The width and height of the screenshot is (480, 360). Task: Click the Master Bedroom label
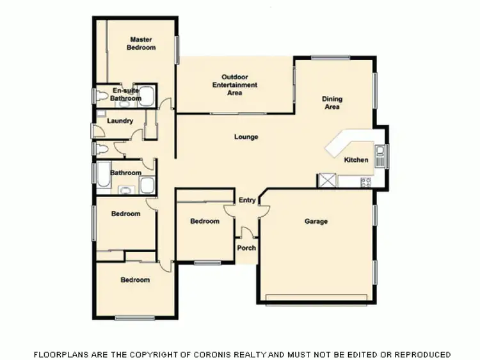(141, 43)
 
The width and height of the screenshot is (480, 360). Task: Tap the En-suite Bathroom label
(125, 95)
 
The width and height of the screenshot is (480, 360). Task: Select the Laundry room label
(120, 121)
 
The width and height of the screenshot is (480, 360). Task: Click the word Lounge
(246, 137)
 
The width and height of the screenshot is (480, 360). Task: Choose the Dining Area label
(332, 103)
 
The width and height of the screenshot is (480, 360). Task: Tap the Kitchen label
(356, 160)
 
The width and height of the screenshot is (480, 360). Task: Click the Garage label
(316, 222)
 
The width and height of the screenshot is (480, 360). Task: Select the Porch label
(246, 248)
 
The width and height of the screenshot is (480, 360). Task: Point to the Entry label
(247, 201)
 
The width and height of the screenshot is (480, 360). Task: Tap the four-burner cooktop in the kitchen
(365, 182)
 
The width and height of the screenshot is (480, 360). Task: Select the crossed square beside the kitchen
(327, 181)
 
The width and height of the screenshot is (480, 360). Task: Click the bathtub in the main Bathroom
(102, 176)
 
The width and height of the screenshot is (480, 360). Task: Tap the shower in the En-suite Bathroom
(147, 96)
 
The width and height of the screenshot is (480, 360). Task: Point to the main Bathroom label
(125, 173)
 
